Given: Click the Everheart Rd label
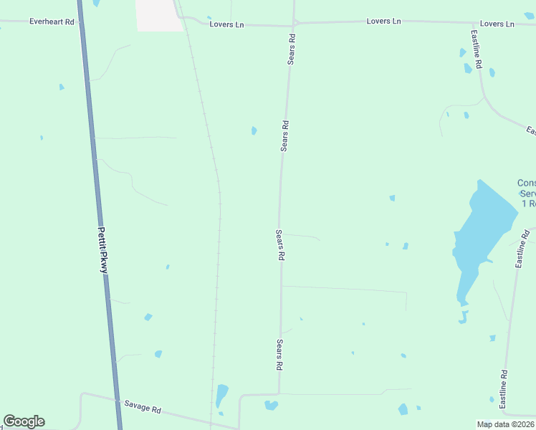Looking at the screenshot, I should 52,21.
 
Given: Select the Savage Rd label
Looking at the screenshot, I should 142,407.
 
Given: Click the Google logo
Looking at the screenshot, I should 24,421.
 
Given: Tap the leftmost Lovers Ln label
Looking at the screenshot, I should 226,24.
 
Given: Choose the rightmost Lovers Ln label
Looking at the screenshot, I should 497,24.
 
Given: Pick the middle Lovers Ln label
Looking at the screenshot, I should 383,21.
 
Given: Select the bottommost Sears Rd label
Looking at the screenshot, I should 279,354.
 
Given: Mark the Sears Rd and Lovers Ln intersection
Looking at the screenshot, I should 294,22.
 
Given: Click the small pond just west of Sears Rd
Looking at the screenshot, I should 254,130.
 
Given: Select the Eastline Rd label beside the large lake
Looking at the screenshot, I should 522,249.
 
